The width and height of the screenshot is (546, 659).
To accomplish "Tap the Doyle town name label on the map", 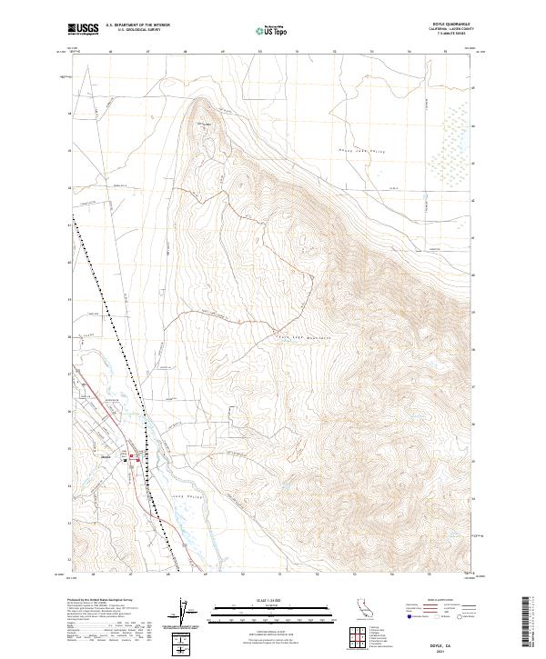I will click(x=117, y=454).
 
